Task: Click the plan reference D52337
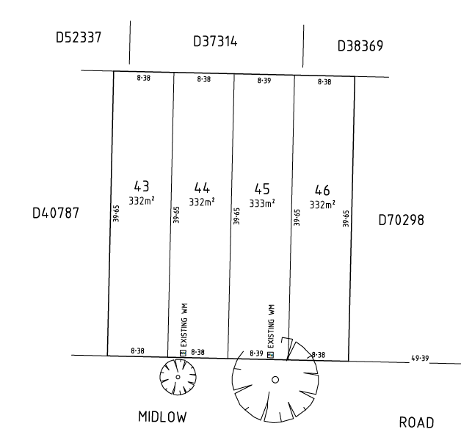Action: [x=79, y=37]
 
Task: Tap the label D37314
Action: [x=215, y=41]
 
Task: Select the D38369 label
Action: [x=360, y=45]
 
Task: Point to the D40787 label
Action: [x=56, y=213]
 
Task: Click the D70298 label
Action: [x=401, y=220]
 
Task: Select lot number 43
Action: [x=142, y=186]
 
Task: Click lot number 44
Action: [x=202, y=188]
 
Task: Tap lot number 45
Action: [x=262, y=189]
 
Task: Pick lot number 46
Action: [x=322, y=191]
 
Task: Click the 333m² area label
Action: [x=262, y=203]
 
